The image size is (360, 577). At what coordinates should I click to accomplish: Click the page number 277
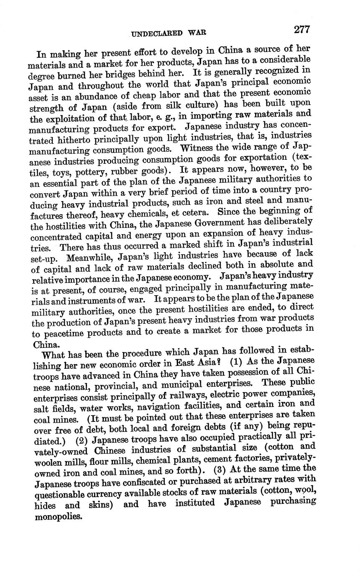click(x=301, y=30)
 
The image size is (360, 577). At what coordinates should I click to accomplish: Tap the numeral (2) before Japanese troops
click(x=82, y=441)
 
